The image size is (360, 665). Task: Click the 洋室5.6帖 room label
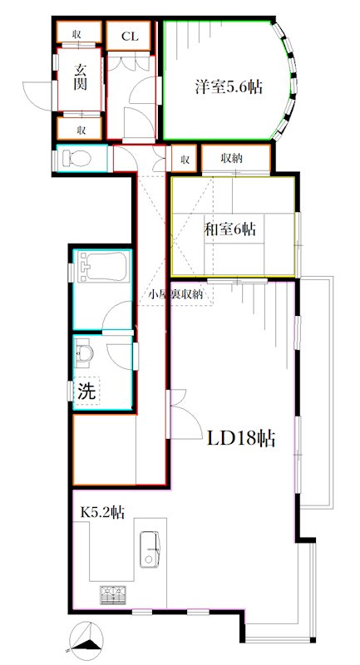(x=229, y=86)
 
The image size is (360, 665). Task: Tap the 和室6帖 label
(x=230, y=229)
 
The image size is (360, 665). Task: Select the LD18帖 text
(x=241, y=438)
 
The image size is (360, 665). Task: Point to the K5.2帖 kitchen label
(x=102, y=513)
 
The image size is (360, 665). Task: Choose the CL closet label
(x=130, y=36)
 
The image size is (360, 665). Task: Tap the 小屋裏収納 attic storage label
(x=177, y=294)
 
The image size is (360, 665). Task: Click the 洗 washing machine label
(x=86, y=392)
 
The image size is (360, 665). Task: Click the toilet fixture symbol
(x=77, y=158)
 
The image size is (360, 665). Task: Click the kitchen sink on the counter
(x=150, y=549)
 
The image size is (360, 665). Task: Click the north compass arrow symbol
(x=86, y=638)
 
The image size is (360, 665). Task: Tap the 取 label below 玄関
(x=81, y=130)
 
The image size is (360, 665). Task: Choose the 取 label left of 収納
(x=185, y=158)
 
